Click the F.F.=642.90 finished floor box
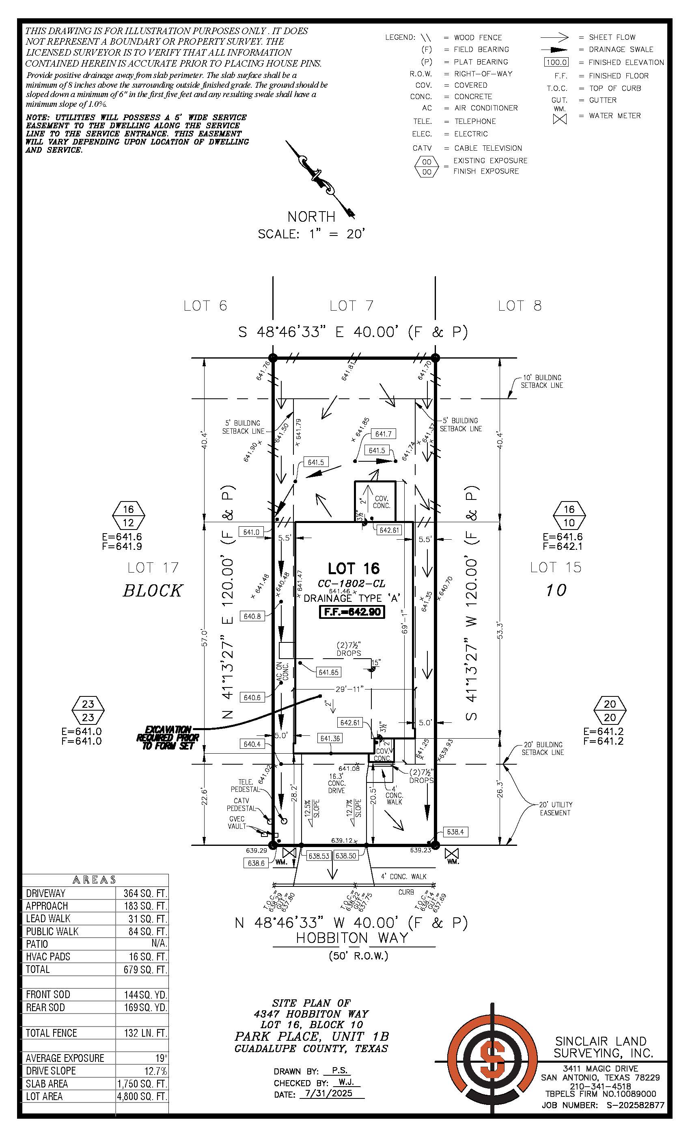(352, 612)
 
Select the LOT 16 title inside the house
(354, 568)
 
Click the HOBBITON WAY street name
(352, 938)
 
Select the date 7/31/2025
(328, 1093)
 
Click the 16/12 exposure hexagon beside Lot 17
(129, 516)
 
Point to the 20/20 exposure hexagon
(610, 711)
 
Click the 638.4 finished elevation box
(455, 832)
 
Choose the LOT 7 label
(351, 305)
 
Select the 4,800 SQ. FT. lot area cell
(142, 1096)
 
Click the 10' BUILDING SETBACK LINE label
(541, 381)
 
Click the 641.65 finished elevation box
(328, 672)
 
